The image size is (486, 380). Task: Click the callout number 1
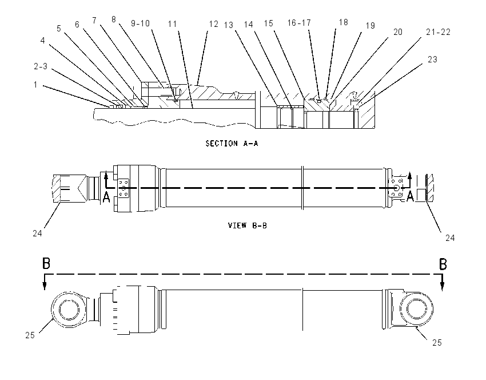pyautogui.click(x=35, y=84)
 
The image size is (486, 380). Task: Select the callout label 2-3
pyautogui.click(x=41, y=66)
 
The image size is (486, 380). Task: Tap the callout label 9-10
pyautogui.click(x=140, y=23)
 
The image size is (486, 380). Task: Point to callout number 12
pyautogui.click(x=214, y=24)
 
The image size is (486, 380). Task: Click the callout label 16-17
pyautogui.click(x=299, y=23)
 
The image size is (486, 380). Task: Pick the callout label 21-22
pyautogui.click(x=439, y=31)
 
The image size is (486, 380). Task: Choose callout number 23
pyautogui.click(x=432, y=60)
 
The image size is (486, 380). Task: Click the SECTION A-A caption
pyautogui.click(x=232, y=143)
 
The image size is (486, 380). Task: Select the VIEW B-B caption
pyautogui.click(x=248, y=225)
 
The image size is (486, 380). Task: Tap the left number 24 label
pyautogui.click(x=38, y=233)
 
